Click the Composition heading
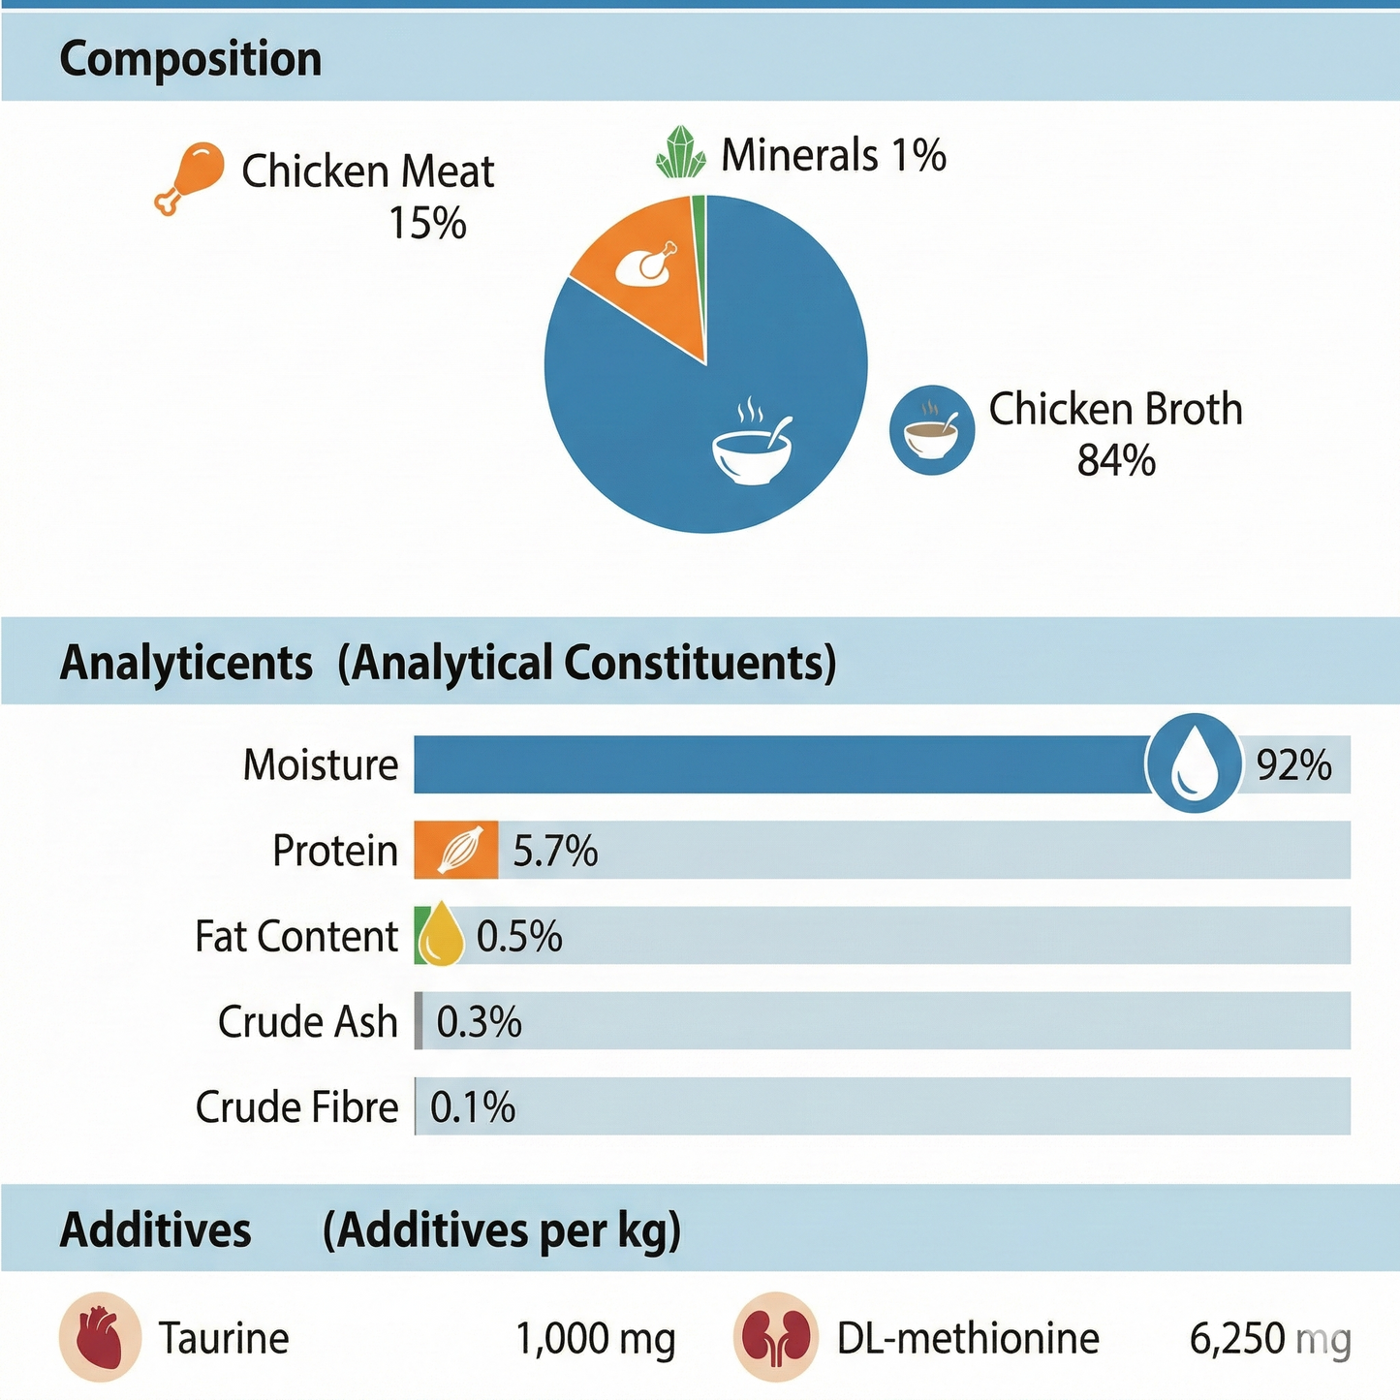point(190,59)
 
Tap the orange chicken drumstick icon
point(190,176)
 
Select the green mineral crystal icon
point(680,153)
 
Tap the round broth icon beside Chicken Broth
point(931,429)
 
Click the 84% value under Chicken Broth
point(1116,461)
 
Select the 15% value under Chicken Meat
point(427,224)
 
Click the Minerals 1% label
point(833,155)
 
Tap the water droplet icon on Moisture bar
point(1194,763)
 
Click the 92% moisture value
point(1293,765)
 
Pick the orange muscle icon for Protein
point(456,850)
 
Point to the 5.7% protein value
point(554,852)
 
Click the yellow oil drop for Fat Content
point(441,934)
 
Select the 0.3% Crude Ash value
point(479,1022)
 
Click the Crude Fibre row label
point(296,1107)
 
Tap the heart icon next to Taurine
point(100,1337)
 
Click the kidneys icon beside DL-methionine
point(775,1337)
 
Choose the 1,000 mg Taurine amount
point(595,1339)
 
